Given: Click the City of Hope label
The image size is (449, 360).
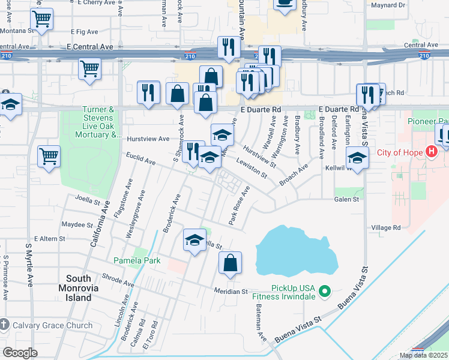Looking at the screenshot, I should tap(399, 152).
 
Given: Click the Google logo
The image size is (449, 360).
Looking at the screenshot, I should tap(20, 353).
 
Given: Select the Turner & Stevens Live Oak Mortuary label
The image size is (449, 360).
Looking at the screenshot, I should tap(99, 122).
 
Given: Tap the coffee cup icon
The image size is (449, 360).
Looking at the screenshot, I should tap(285, 4).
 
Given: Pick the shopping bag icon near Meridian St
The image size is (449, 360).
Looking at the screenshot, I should tap(230, 263).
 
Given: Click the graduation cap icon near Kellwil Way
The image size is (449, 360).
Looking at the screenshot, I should tap(357, 158).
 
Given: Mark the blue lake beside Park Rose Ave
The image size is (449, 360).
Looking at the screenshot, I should tap(295, 250).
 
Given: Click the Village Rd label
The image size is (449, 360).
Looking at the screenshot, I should tap(385, 228).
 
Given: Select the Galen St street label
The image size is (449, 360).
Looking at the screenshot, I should tap(346, 199).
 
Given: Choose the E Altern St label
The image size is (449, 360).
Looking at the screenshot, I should tap(49, 239).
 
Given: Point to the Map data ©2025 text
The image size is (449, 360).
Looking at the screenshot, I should tap(423, 355).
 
